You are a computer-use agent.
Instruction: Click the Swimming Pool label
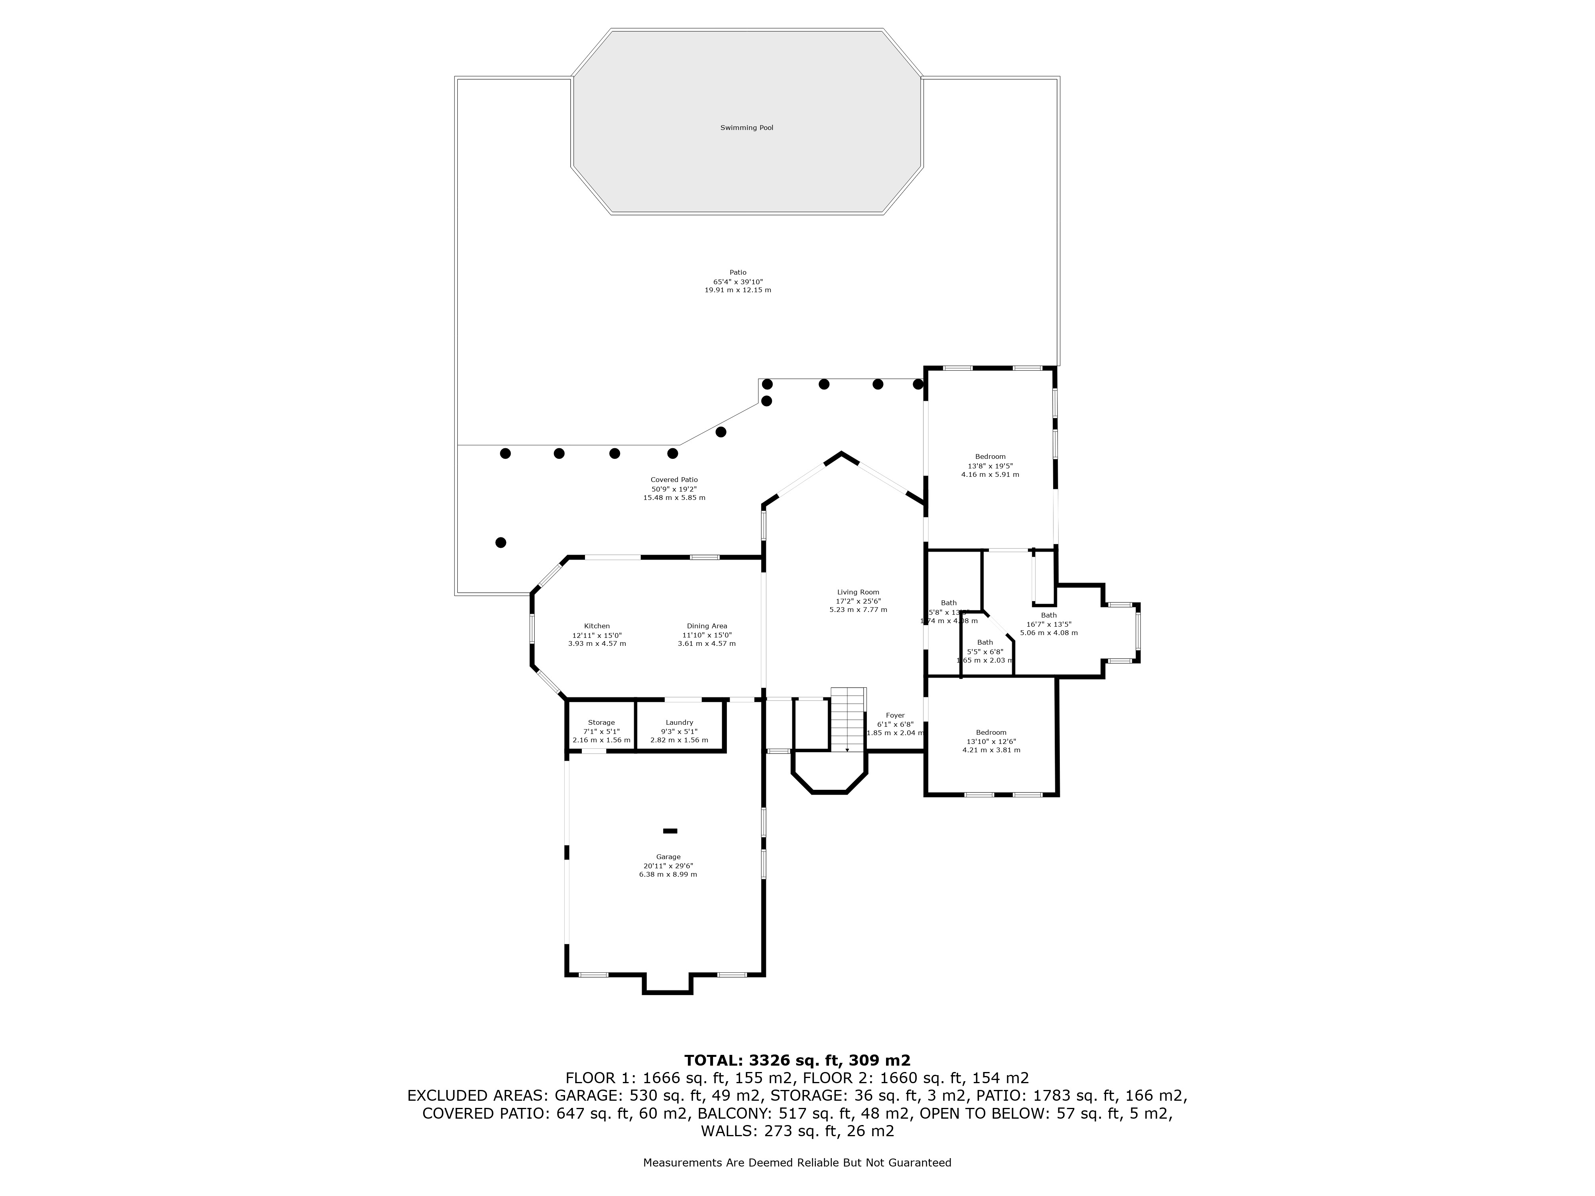pyautogui.click(x=746, y=128)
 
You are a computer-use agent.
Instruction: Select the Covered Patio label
pyautogui.click(x=673, y=480)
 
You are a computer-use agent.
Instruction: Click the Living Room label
pyautogui.click(x=857, y=592)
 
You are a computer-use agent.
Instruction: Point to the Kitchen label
pyautogui.click(x=596, y=626)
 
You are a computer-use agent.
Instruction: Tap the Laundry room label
pyautogui.click(x=679, y=722)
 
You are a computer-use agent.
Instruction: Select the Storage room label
pyautogui.click(x=601, y=722)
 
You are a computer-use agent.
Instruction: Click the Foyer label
pyautogui.click(x=895, y=715)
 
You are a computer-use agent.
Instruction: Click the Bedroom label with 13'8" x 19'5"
pyautogui.click(x=990, y=456)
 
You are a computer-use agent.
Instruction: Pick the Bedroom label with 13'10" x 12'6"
pyautogui.click(x=991, y=732)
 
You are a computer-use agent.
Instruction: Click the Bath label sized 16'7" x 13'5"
pyautogui.click(x=1048, y=615)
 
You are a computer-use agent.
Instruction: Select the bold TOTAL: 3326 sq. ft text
pyautogui.click(x=797, y=1060)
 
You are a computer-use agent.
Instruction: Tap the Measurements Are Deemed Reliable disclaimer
pyautogui.click(x=797, y=1163)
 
